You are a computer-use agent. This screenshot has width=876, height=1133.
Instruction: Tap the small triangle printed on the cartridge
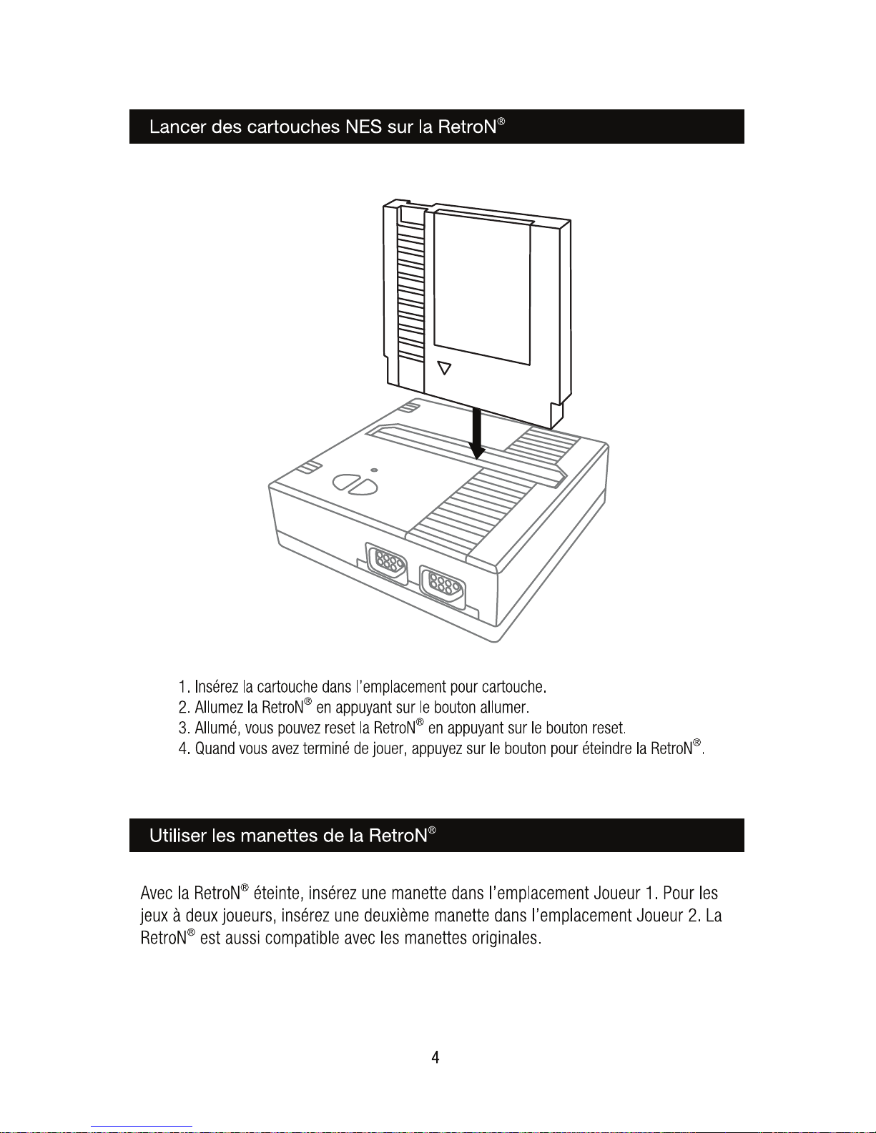(x=445, y=368)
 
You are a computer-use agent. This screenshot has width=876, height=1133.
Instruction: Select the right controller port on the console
(x=443, y=588)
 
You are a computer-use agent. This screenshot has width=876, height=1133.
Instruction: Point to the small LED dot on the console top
(x=374, y=470)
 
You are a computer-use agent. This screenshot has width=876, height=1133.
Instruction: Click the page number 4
(x=435, y=1057)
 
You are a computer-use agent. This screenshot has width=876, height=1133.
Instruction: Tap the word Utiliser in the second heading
(x=178, y=836)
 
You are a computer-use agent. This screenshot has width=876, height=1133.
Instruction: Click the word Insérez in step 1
(x=217, y=687)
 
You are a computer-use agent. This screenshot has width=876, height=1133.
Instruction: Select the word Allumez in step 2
(x=219, y=708)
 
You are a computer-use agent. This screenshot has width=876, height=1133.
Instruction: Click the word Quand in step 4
(x=216, y=749)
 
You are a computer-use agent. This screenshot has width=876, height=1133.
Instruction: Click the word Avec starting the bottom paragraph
(x=157, y=894)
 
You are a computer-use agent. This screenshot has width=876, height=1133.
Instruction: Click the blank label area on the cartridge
(x=483, y=286)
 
